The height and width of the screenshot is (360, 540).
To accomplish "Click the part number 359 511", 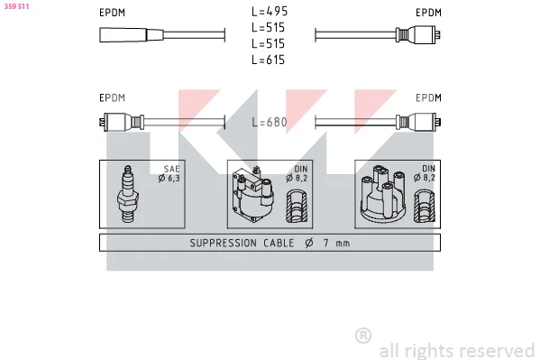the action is click(x=16, y=6).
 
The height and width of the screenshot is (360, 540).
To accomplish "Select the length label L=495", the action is click(x=270, y=12).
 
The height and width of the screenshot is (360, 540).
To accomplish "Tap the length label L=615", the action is click(x=269, y=60).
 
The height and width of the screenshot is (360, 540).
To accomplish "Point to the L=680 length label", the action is click(x=270, y=122).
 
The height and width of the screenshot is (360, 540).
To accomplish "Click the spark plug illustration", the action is click(x=128, y=194).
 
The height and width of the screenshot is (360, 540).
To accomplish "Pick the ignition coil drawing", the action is click(x=253, y=194).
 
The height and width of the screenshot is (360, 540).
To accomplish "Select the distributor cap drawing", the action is click(x=383, y=193).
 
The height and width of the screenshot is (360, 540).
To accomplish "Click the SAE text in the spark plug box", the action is click(x=171, y=169).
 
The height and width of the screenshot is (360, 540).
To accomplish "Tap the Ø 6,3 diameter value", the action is click(x=169, y=179).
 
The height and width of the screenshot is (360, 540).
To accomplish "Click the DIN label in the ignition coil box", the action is click(x=300, y=169).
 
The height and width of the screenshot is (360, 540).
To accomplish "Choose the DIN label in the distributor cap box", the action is click(x=428, y=169).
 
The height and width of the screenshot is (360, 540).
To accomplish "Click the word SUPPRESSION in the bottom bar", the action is click(x=224, y=243).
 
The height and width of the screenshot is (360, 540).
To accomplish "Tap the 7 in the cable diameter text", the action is click(x=325, y=243).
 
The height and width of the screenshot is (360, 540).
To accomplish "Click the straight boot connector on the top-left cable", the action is click(x=132, y=35).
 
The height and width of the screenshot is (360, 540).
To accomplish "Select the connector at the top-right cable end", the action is click(x=418, y=35).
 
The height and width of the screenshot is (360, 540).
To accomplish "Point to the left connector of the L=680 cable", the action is click(x=122, y=122).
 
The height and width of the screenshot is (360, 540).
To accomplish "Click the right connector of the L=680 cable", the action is click(x=418, y=122).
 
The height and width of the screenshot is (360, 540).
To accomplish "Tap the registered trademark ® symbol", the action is click(x=363, y=336).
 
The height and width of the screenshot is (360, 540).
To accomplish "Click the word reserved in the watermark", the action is click(x=498, y=351).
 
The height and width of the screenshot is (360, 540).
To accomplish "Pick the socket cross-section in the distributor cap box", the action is click(x=425, y=206).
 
